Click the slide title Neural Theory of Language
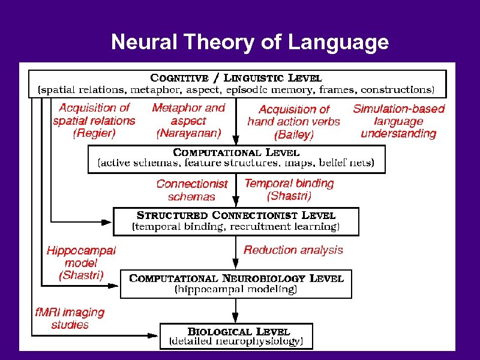click(250, 43)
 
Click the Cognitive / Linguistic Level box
click(238, 83)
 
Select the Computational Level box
click(236, 158)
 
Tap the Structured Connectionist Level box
click(236, 221)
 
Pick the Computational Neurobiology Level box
click(236, 284)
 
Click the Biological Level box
click(236, 336)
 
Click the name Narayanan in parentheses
click(188, 133)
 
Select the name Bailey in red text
click(294, 135)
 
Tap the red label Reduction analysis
click(293, 250)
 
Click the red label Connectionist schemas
click(192, 190)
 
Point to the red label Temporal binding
click(289, 184)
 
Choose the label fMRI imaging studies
click(70, 319)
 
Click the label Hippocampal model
click(82, 257)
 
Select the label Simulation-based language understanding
click(398, 121)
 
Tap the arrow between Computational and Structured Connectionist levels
click(236, 191)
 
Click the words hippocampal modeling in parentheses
click(236, 290)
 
